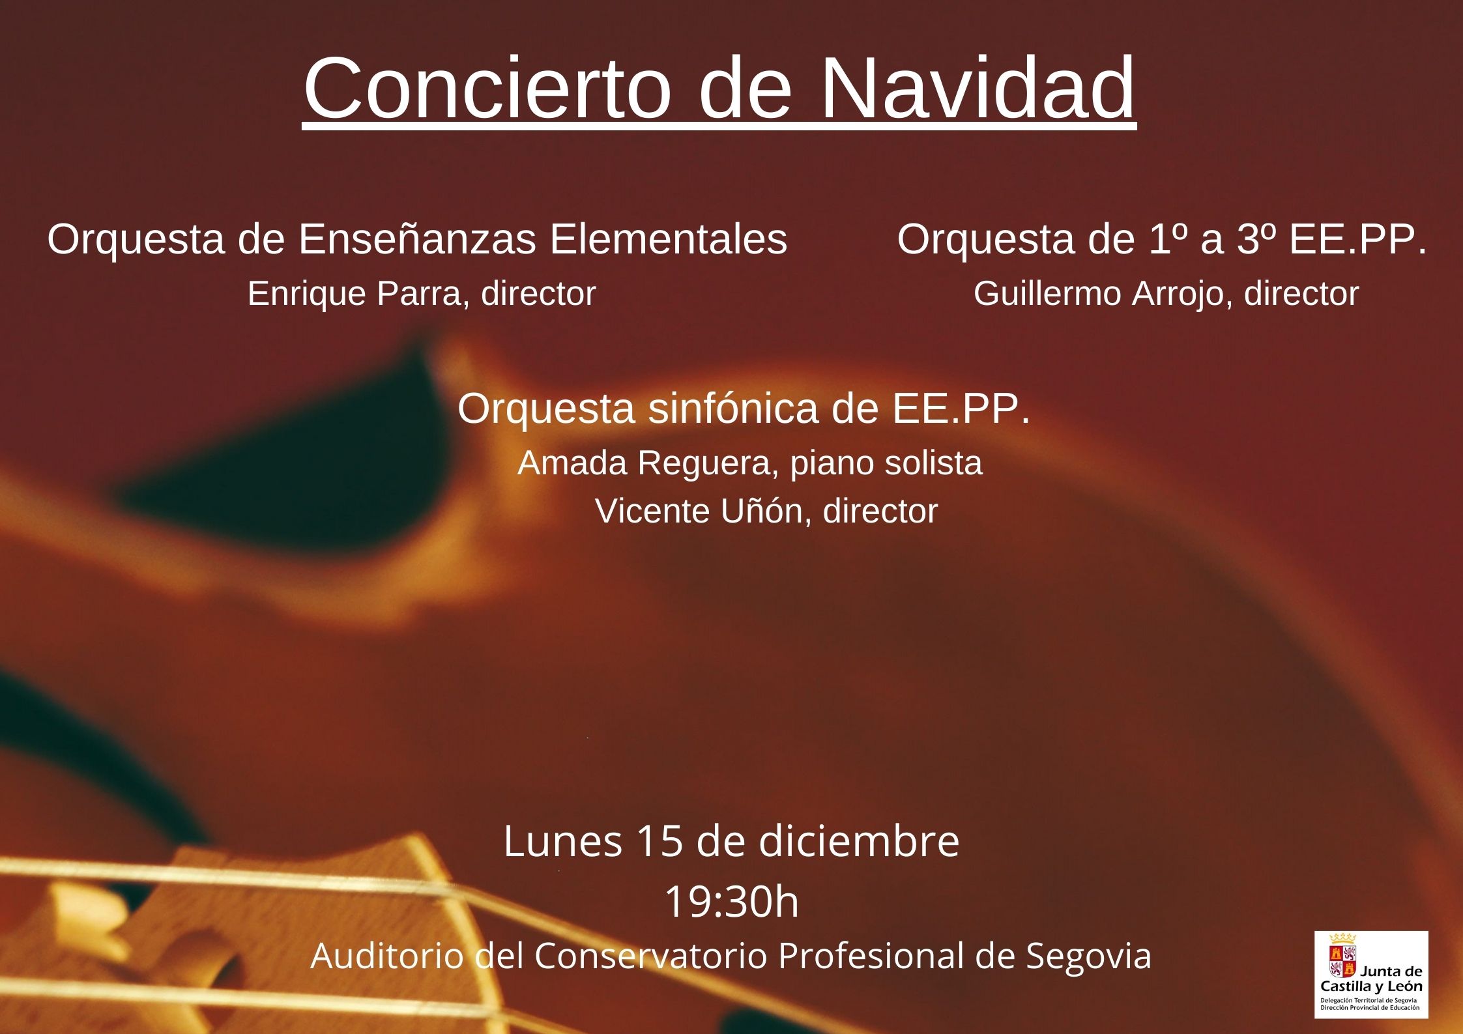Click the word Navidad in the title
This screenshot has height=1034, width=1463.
[978, 89]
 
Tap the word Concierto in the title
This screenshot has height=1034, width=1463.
[487, 89]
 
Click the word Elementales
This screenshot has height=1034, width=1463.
[668, 239]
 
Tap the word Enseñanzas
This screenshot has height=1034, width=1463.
[418, 239]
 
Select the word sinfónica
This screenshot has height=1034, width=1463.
[733, 409]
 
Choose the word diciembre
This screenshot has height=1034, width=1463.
[859, 840]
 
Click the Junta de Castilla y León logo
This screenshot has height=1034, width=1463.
[1371, 974]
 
